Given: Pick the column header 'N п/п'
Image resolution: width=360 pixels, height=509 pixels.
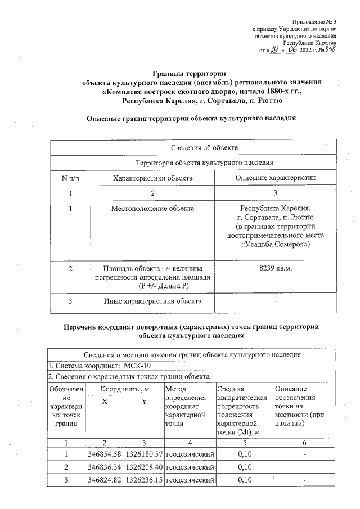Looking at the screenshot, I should [70, 178].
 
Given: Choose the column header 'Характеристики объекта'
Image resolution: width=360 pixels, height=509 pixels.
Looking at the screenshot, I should [153, 178].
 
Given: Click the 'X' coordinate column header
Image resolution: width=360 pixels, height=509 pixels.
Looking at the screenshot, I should [104, 400].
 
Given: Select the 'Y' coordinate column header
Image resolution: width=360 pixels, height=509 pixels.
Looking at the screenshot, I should [144, 400].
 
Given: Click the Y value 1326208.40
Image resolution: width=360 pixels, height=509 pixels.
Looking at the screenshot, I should [145, 466].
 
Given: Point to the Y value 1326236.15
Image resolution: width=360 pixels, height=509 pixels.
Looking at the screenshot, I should [145, 480].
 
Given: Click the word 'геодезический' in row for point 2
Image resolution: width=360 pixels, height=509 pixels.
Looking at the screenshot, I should [191, 466].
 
